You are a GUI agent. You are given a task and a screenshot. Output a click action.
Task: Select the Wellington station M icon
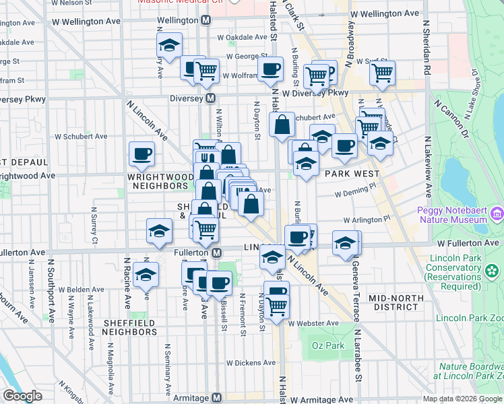pos(206,20)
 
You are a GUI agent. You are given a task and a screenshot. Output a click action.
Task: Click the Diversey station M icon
pos(211,98)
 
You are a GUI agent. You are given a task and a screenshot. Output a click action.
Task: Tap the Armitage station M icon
pos(216,398)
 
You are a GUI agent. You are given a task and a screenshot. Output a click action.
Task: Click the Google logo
pos(22,396)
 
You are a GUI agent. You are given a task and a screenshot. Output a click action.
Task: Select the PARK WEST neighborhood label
pos(348,174)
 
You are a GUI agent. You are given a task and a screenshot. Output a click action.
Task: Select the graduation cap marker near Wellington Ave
pos(169,46)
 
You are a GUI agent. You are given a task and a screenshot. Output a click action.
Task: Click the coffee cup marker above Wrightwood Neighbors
pos(142,154)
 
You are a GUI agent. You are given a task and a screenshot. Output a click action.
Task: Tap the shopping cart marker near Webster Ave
pos(276,306)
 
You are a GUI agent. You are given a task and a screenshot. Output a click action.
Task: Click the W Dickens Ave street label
pos(251,363)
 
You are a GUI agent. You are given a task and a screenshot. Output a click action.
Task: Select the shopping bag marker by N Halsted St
pos(282,125)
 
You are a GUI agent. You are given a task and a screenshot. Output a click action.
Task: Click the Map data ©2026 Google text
pos(462,399)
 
